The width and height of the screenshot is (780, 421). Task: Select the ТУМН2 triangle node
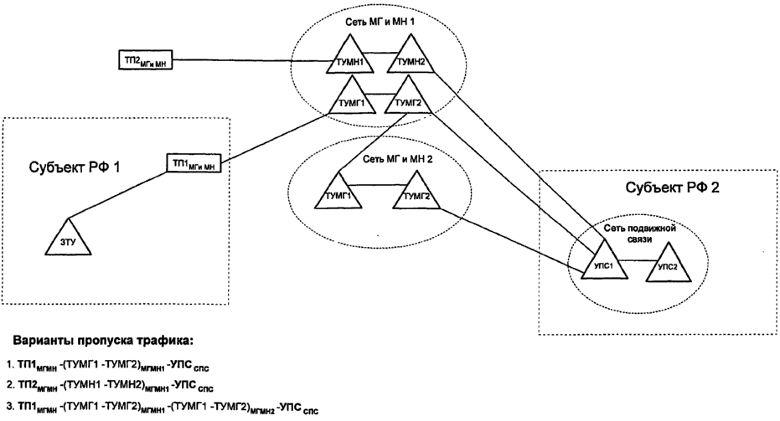point(410,59)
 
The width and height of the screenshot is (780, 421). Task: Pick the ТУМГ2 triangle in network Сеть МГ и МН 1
point(410,98)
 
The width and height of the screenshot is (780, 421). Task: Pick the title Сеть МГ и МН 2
point(372,159)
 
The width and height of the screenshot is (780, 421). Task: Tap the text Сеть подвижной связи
point(642,230)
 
